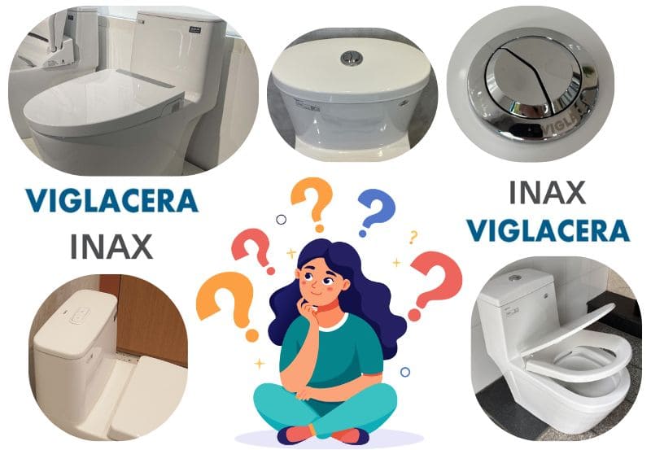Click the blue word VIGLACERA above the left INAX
(x=111, y=200)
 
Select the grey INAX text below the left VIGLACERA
(x=111, y=247)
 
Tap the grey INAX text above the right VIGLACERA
(x=547, y=193)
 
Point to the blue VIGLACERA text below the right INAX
(x=548, y=230)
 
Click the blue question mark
(x=376, y=212)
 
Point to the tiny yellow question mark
(x=413, y=237)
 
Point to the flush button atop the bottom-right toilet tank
(x=516, y=277)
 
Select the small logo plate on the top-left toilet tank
(x=194, y=30)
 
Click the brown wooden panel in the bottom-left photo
(x=151, y=316)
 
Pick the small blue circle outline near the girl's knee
(x=405, y=372)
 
